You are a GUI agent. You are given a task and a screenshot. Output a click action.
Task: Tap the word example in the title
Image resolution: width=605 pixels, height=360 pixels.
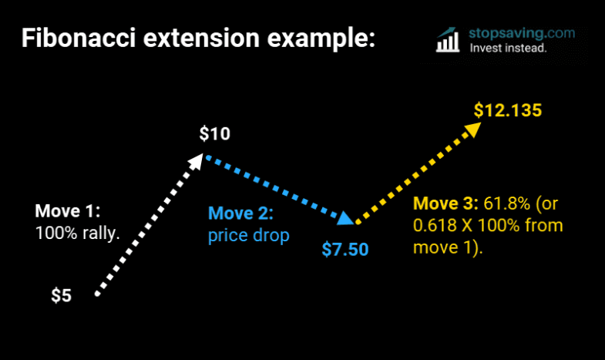point(315,39)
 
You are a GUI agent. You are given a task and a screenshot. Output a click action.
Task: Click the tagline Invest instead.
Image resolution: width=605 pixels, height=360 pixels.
point(508,49)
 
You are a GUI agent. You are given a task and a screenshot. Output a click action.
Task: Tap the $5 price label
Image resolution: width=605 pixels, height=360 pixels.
point(62,295)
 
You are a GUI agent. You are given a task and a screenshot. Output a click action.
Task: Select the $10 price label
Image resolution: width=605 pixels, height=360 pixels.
point(214,134)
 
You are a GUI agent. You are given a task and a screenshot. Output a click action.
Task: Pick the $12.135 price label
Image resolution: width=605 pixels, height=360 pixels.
point(508,109)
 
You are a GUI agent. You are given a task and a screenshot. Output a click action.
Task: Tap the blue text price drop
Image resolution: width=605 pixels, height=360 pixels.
point(248,235)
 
